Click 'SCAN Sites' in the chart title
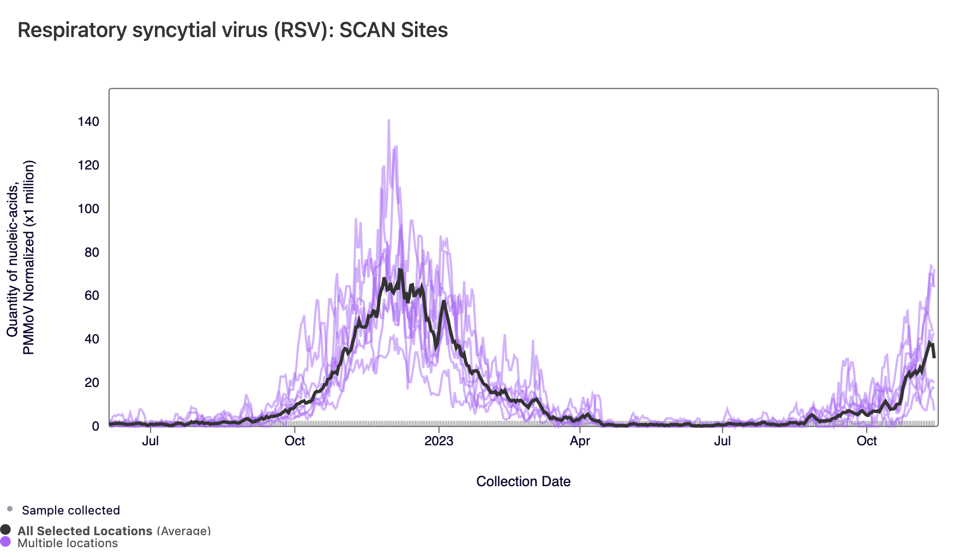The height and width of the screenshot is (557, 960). tap(393, 31)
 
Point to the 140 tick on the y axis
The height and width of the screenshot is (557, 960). tap(88, 122)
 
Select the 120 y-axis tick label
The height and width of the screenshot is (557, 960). tap(88, 166)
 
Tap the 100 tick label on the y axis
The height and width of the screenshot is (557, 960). tap(88, 209)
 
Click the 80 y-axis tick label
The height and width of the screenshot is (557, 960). tap(92, 252)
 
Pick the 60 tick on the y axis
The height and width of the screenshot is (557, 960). tap(92, 296)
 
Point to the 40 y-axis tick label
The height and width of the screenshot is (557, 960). tap(92, 339)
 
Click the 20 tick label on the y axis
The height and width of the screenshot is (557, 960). tap(92, 383)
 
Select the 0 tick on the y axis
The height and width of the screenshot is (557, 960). tap(95, 426)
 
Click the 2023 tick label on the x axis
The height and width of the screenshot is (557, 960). tap(439, 441)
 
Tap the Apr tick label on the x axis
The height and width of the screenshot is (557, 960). tap(580, 441)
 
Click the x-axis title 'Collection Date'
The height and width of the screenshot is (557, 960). tap(523, 482)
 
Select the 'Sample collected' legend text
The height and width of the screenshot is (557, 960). tap(71, 511)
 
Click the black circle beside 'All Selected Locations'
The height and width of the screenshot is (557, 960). tap(6, 530)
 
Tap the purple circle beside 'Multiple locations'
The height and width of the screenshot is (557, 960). tap(6, 542)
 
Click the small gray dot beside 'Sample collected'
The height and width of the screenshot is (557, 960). tap(10, 509)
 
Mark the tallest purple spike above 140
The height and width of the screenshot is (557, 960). tap(388, 121)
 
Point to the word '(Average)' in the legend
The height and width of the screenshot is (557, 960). tap(183, 531)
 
